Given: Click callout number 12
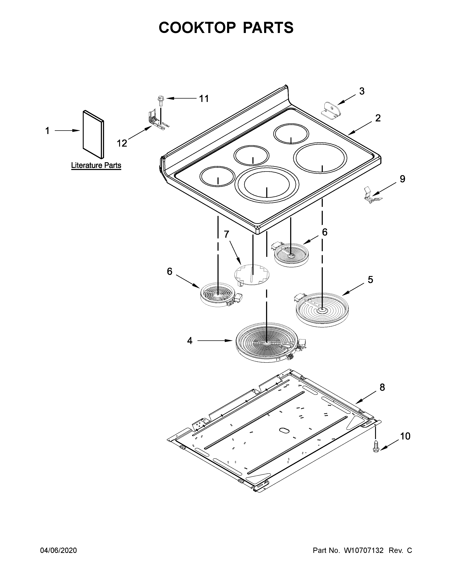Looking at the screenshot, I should click(122, 143).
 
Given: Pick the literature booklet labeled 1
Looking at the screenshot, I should click(93, 134).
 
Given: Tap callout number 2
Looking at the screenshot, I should click(378, 118).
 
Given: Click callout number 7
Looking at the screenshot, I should click(227, 234).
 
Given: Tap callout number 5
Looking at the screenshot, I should click(370, 280).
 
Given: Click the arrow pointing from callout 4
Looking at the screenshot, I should click(214, 341).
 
